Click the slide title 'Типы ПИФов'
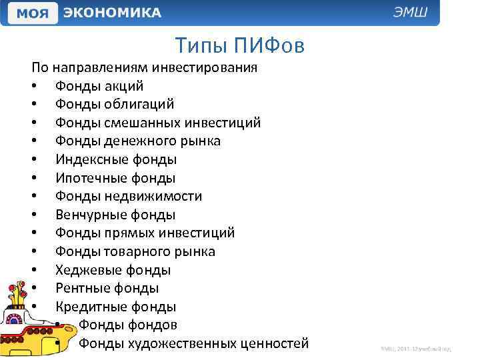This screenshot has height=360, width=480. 240,45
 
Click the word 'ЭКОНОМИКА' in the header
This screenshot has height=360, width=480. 112,13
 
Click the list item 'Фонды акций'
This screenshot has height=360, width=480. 99,86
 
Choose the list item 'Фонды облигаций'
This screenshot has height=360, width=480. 115,104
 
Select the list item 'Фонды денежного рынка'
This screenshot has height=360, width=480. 138,141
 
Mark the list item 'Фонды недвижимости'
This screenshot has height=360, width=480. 129,197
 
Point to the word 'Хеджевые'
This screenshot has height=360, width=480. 85,270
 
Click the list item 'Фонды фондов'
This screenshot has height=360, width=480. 127,325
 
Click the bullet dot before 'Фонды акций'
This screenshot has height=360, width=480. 34,87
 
